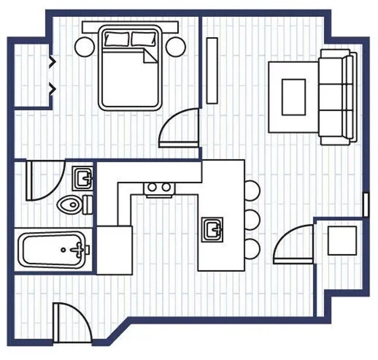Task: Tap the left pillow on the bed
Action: click(x=116, y=39)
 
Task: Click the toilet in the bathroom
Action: click(x=70, y=204)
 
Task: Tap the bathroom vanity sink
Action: click(x=83, y=178)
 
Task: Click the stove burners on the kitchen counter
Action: click(x=159, y=188)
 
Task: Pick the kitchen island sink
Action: click(x=213, y=228)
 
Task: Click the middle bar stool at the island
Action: click(x=252, y=219)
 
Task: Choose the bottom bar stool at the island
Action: click(x=252, y=248)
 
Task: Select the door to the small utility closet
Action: click(x=294, y=244)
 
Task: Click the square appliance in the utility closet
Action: click(x=342, y=240)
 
